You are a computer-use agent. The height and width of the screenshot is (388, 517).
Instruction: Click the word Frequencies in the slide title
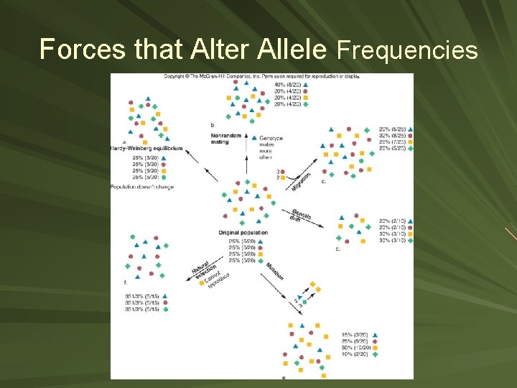(x=407, y=50)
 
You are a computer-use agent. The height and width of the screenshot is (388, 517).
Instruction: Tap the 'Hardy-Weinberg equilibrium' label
(x=145, y=148)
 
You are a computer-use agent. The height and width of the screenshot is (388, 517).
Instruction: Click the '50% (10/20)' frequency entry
(x=356, y=347)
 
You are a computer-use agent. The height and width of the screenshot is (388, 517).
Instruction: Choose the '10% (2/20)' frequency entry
(x=356, y=354)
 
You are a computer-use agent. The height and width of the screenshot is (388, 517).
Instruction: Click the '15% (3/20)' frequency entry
(x=356, y=334)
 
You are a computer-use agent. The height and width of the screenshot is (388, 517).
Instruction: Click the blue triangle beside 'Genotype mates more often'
(x=252, y=138)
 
